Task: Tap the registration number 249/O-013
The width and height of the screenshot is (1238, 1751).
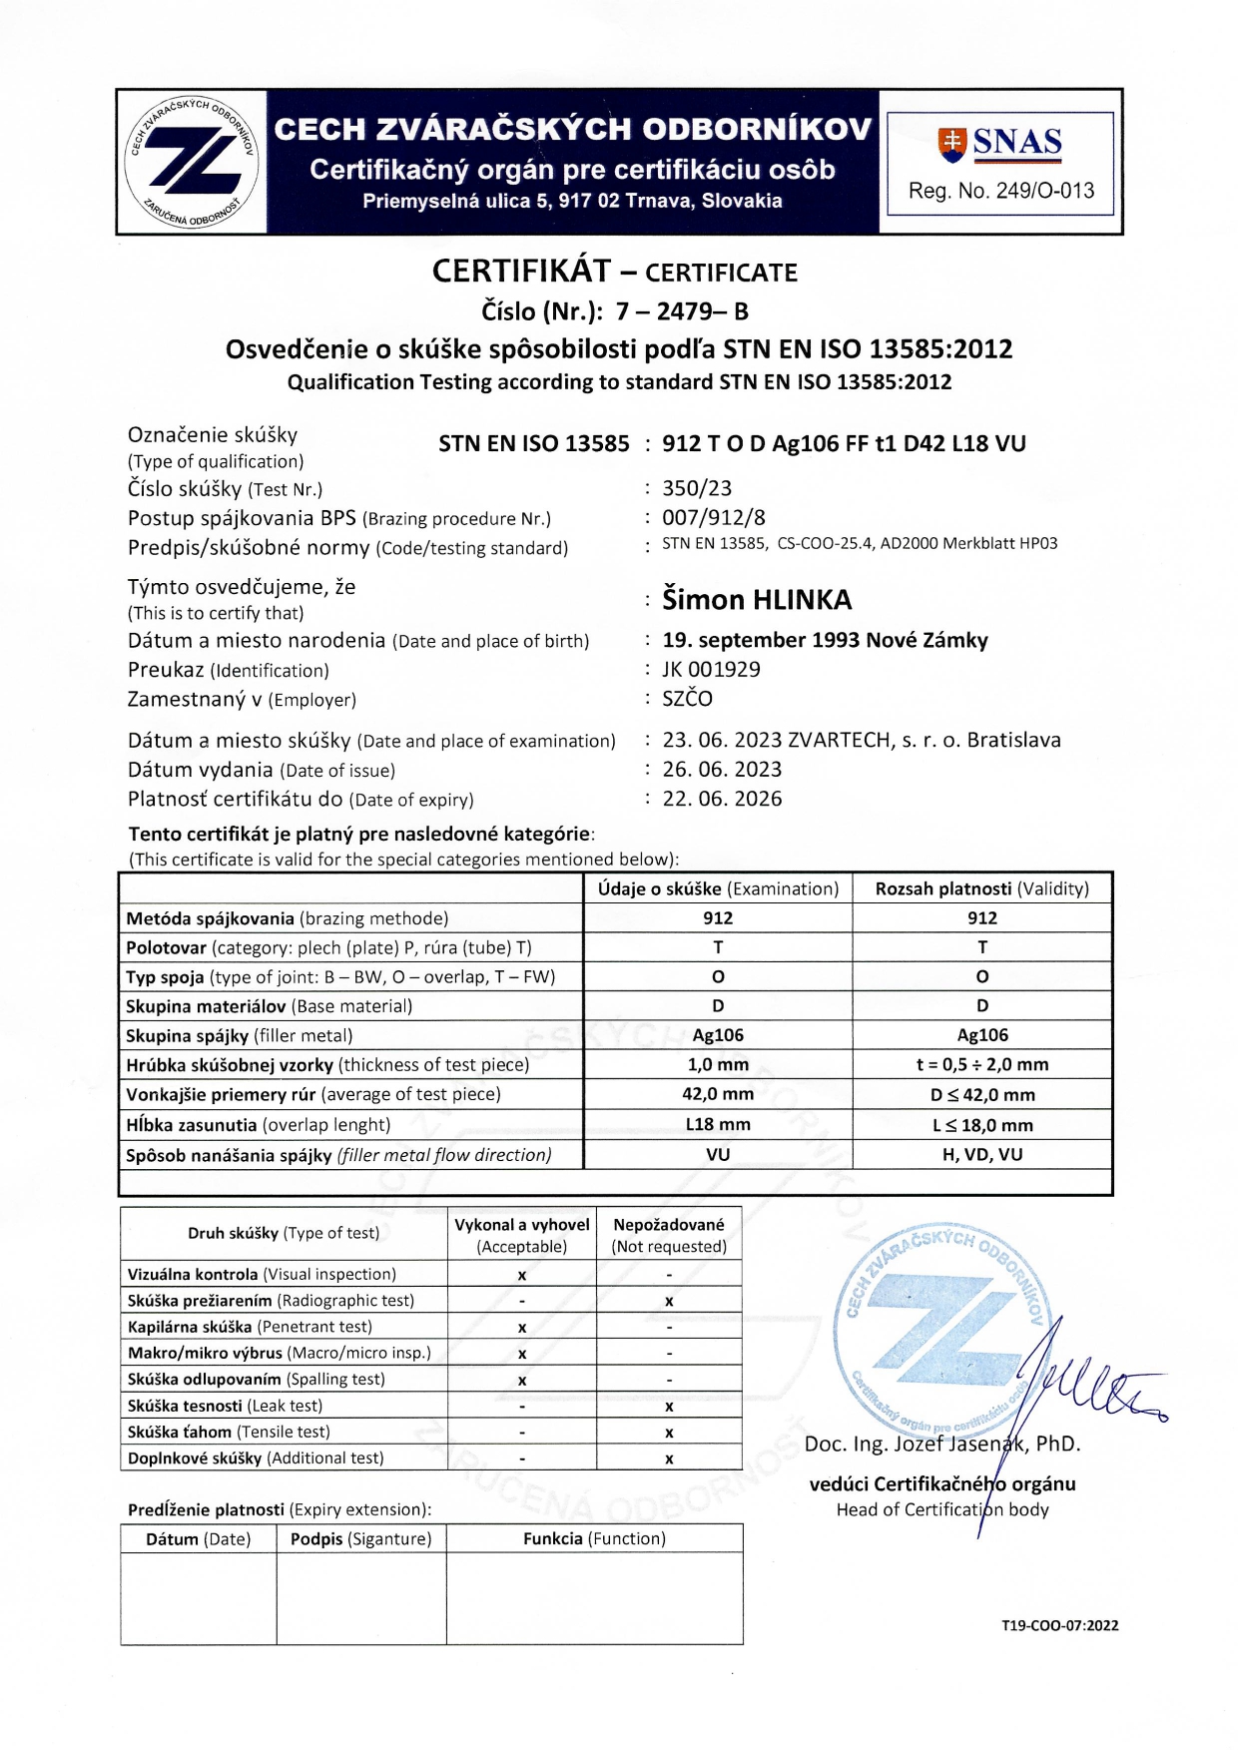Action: (1001, 191)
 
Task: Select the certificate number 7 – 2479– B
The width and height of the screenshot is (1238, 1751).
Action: (682, 311)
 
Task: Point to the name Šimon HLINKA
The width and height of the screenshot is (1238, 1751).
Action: (757, 600)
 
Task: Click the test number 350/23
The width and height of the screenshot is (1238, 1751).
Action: (697, 488)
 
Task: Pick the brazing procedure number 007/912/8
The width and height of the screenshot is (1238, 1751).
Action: (714, 517)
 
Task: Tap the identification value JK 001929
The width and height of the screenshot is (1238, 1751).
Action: (711, 669)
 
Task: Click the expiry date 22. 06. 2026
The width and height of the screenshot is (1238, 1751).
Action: (722, 799)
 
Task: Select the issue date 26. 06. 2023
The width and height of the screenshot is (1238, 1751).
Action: (722, 770)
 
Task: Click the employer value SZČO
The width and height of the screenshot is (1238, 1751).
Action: (688, 699)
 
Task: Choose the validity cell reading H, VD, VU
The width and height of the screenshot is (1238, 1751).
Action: (982, 1154)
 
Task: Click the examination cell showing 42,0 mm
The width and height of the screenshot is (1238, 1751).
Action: (718, 1094)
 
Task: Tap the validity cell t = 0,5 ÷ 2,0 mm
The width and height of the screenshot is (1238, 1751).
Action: (982, 1064)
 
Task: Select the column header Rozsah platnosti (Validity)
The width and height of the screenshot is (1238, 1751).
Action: (982, 888)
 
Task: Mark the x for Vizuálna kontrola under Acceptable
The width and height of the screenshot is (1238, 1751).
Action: (522, 1275)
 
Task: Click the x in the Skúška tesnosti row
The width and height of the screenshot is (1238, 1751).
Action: (669, 1407)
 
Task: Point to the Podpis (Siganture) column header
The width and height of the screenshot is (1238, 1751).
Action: (361, 1538)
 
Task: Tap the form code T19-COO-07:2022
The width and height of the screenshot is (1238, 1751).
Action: (1059, 1625)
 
